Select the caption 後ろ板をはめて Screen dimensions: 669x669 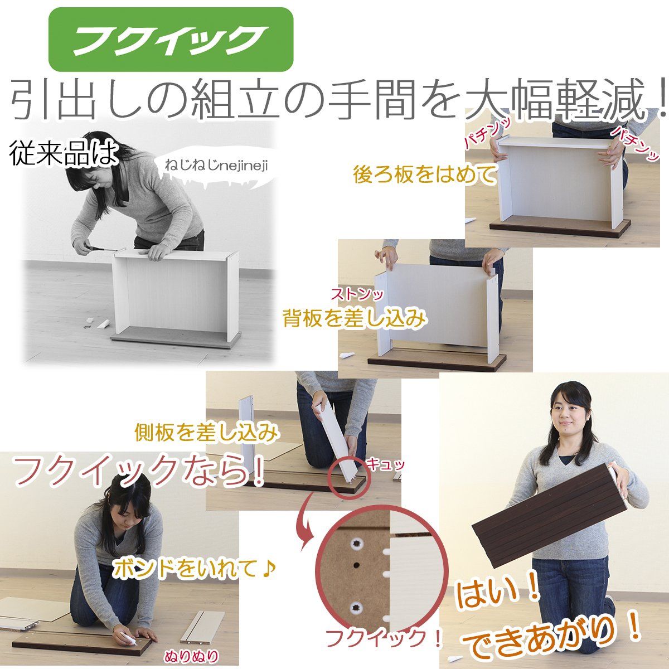tap(425, 174)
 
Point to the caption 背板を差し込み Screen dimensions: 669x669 tap(355, 318)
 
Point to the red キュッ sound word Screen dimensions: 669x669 tap(385, 464)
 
